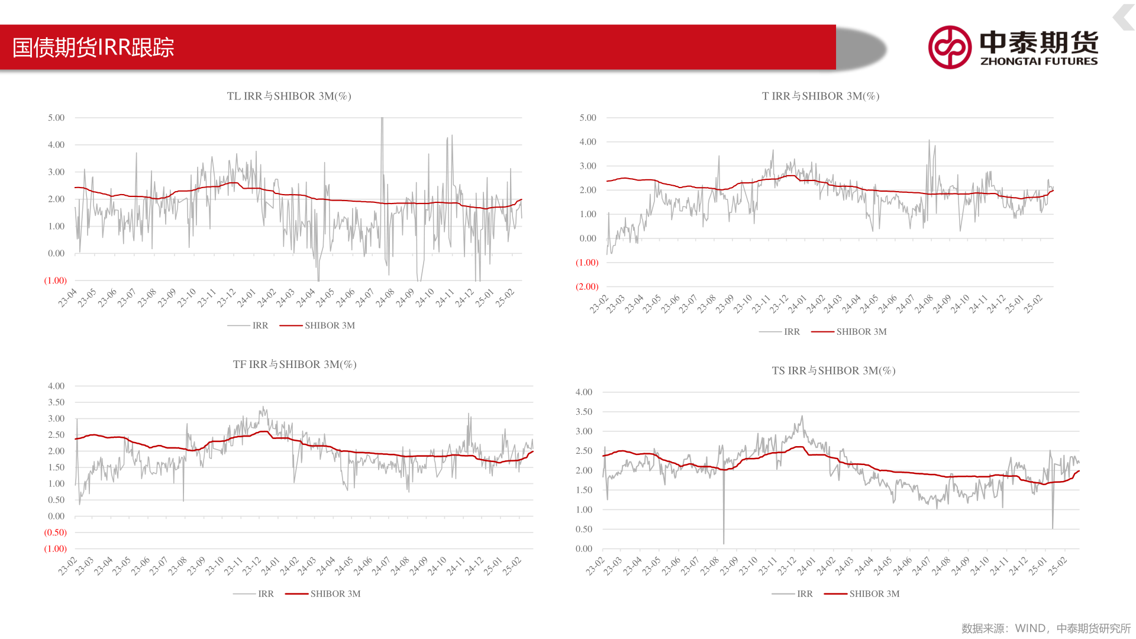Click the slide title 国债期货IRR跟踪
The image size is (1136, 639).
pos(93,47)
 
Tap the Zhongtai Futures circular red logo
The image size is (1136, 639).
pos(950,47)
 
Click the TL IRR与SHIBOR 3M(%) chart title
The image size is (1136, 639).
pos(289,96)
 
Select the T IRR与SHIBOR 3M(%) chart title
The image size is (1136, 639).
pos(820,96)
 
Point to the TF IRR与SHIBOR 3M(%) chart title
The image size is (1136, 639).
pos(295,364)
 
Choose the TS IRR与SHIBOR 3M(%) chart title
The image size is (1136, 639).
pos(833,371)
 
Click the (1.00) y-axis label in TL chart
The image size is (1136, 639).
pos(56,280)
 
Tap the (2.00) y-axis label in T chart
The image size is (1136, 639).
pos(587,286)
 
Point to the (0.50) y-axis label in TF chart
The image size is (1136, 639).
pos(56,532)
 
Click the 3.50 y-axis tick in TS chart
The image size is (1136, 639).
pos(583,412)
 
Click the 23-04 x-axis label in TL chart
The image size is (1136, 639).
pos(68,298)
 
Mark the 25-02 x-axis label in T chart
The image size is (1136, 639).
pos(1033,304)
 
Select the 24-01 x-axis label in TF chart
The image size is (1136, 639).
pos(270,566)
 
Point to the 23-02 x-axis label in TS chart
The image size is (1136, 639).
pos(595,566)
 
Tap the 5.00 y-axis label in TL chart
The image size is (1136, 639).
pos(56,118)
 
